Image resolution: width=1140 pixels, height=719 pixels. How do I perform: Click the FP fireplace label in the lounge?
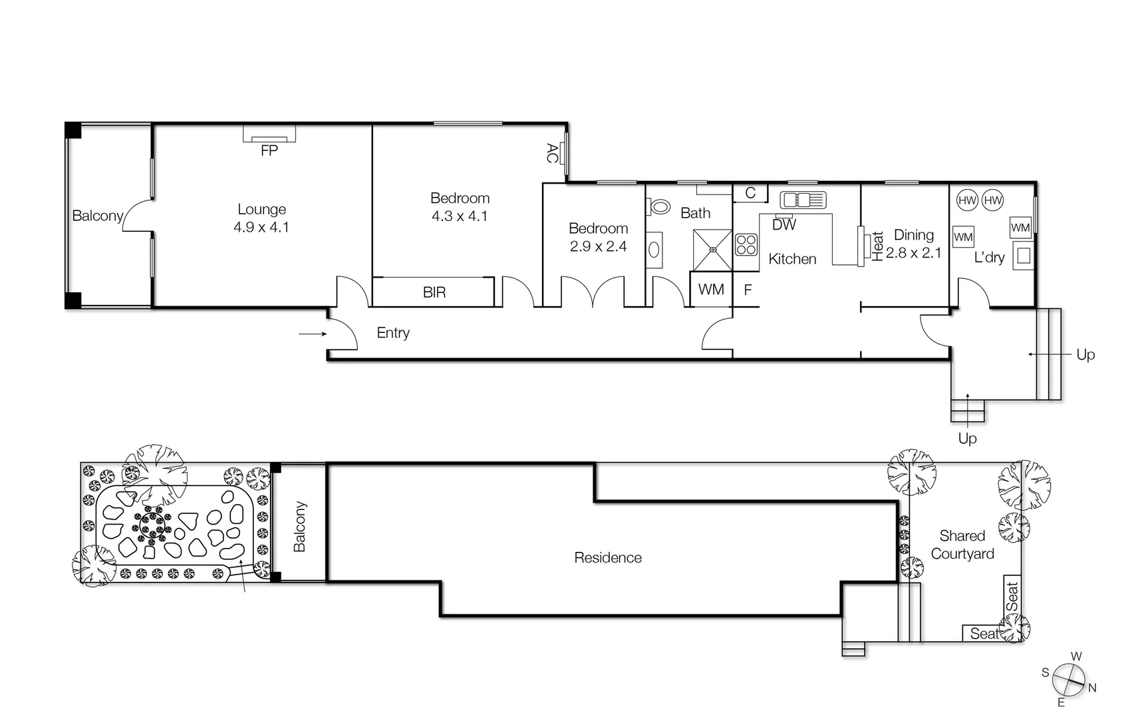(269, 151)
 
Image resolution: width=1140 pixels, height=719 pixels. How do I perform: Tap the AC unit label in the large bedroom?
(551, 153)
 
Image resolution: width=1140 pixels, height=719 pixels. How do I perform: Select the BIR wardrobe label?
(434, 292)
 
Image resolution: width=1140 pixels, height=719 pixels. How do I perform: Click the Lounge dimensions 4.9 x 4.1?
(261, 228)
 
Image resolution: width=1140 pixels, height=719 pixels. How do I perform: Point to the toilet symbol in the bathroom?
(659, 206)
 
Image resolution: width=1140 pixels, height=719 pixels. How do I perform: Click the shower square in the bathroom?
(712, 250)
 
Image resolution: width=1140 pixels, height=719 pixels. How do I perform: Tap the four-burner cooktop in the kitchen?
(746, 245)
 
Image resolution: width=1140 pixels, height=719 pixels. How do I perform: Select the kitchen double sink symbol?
(803, 200)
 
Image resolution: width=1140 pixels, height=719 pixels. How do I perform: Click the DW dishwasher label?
(784, 225)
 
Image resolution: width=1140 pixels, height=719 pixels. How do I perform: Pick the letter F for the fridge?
(748, 290)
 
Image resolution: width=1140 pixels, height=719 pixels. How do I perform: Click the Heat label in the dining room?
(877, 246)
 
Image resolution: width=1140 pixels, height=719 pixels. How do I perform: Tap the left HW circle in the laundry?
(967, 200)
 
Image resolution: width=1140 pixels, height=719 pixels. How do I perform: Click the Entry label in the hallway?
(392, 333)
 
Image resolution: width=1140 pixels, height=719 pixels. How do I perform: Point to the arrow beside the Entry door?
(312, 334)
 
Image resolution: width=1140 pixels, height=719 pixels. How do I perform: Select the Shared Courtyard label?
(962, 545)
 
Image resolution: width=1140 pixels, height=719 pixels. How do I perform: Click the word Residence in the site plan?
(607, 558)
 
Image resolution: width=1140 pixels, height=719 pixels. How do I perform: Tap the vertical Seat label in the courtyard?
(1012, 597)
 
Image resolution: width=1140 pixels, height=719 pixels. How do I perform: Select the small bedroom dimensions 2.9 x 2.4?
(598, 247)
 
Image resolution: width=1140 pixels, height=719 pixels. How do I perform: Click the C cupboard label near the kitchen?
(750, 193)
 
